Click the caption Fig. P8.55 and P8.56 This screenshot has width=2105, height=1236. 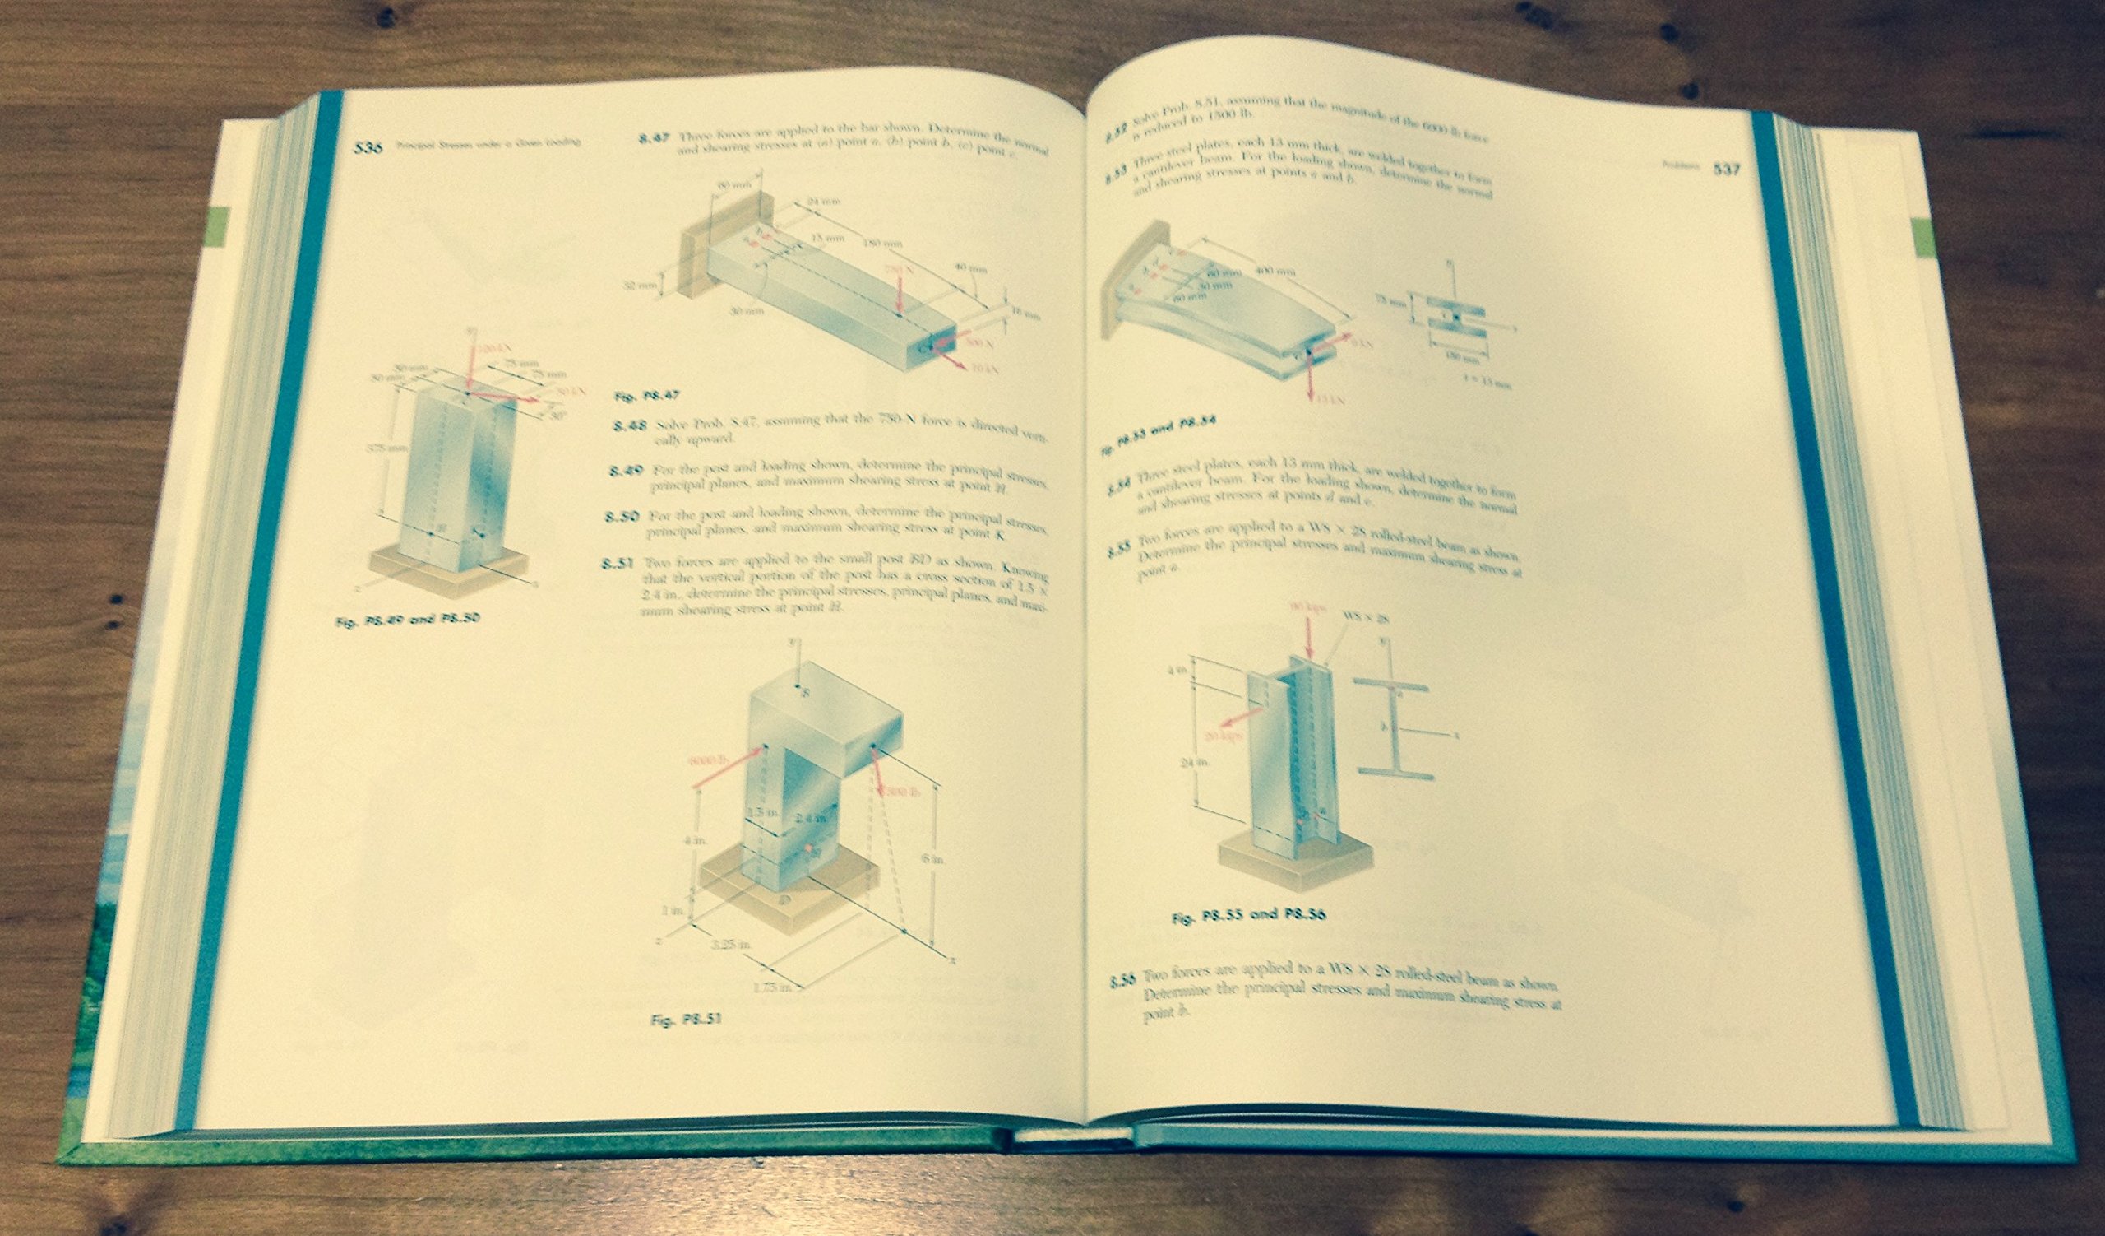(x=1249, y=915)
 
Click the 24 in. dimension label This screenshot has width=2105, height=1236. (x=1208, y=761)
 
